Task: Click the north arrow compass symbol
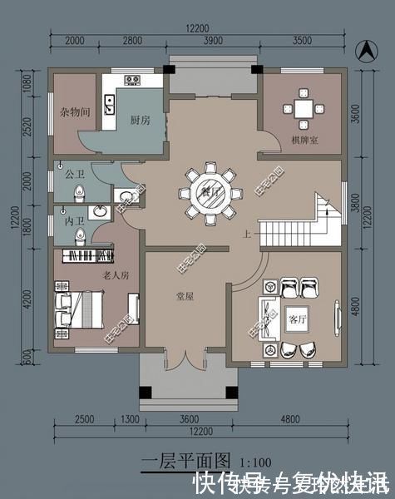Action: point(363,49)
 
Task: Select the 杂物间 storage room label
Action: point(74,111)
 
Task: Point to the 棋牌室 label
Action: point(301,137)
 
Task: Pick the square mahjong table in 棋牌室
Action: point(301,108)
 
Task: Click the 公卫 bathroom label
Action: point(65,175)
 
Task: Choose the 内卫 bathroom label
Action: point(64,222)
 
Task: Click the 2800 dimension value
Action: point(132,40)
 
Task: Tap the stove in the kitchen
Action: point(132,81)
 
